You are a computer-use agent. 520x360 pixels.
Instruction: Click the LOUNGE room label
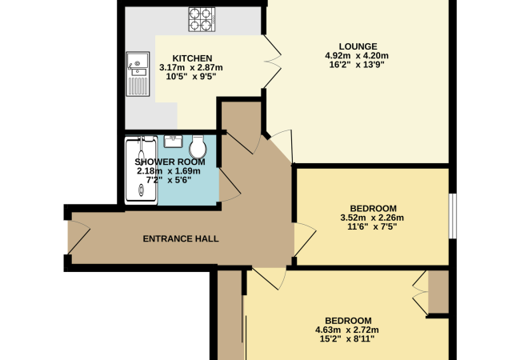click(x=358, y=46)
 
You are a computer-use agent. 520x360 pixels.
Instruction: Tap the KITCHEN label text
click(x=192, y=58)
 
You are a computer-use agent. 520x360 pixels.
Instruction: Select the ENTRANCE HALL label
click(x=181, y=238)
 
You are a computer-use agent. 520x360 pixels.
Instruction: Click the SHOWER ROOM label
click(x=170, y=162)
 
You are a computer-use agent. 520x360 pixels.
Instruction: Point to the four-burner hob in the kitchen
click(x=202, y=19)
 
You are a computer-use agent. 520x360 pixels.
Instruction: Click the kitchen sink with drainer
click(x=138, y=74)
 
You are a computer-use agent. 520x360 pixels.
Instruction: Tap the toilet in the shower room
click(x=198, y=147)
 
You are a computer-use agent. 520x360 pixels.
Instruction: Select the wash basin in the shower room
click(x=173, y=142)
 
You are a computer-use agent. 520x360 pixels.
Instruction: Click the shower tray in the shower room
click(x=141, y=170)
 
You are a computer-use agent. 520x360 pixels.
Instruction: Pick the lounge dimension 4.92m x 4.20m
click(x=357, y=55)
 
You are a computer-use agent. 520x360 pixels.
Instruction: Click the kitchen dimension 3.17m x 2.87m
click(x=191, y=68)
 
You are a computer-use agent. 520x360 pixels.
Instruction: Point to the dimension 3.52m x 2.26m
click(x=372, y=218)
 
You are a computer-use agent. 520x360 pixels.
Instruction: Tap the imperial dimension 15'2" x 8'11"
click(x=347, y=338)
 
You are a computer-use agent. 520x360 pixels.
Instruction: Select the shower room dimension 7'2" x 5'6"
click(x=169, y=180)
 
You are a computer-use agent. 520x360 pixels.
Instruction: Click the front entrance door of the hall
click(x=79, y=237)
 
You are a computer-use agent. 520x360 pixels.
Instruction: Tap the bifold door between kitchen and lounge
click(x=272, y=62)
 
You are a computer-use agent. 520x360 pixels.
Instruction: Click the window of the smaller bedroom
click(x=453, y=216)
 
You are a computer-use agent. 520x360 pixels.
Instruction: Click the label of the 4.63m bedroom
click(x=348, y=321)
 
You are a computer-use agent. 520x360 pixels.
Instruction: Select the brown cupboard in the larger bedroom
click(x=438, y=292)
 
